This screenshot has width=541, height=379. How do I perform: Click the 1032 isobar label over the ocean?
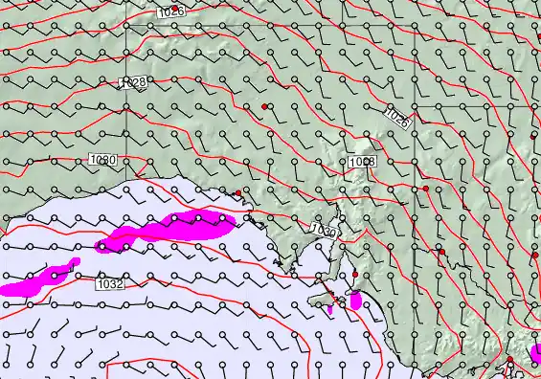point(110,283)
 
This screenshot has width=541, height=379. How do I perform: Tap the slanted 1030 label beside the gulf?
point(325,231)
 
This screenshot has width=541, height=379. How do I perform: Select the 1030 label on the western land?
point(102,159)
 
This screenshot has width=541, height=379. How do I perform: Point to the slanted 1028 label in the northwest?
point(133,83)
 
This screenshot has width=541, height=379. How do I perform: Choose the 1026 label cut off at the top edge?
point(170,11)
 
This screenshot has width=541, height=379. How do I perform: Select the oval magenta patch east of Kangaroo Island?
point(355,301)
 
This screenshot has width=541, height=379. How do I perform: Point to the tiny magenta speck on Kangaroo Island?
point(331,309)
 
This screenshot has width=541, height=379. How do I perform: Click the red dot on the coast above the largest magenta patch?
point(238,193)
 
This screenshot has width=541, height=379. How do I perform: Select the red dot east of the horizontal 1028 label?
point(426,189)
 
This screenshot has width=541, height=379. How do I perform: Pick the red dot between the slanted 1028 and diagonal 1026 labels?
point(264,105)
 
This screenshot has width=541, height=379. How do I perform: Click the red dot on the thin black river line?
point(440,252)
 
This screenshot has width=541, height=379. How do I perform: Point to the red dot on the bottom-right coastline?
point(510,360)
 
